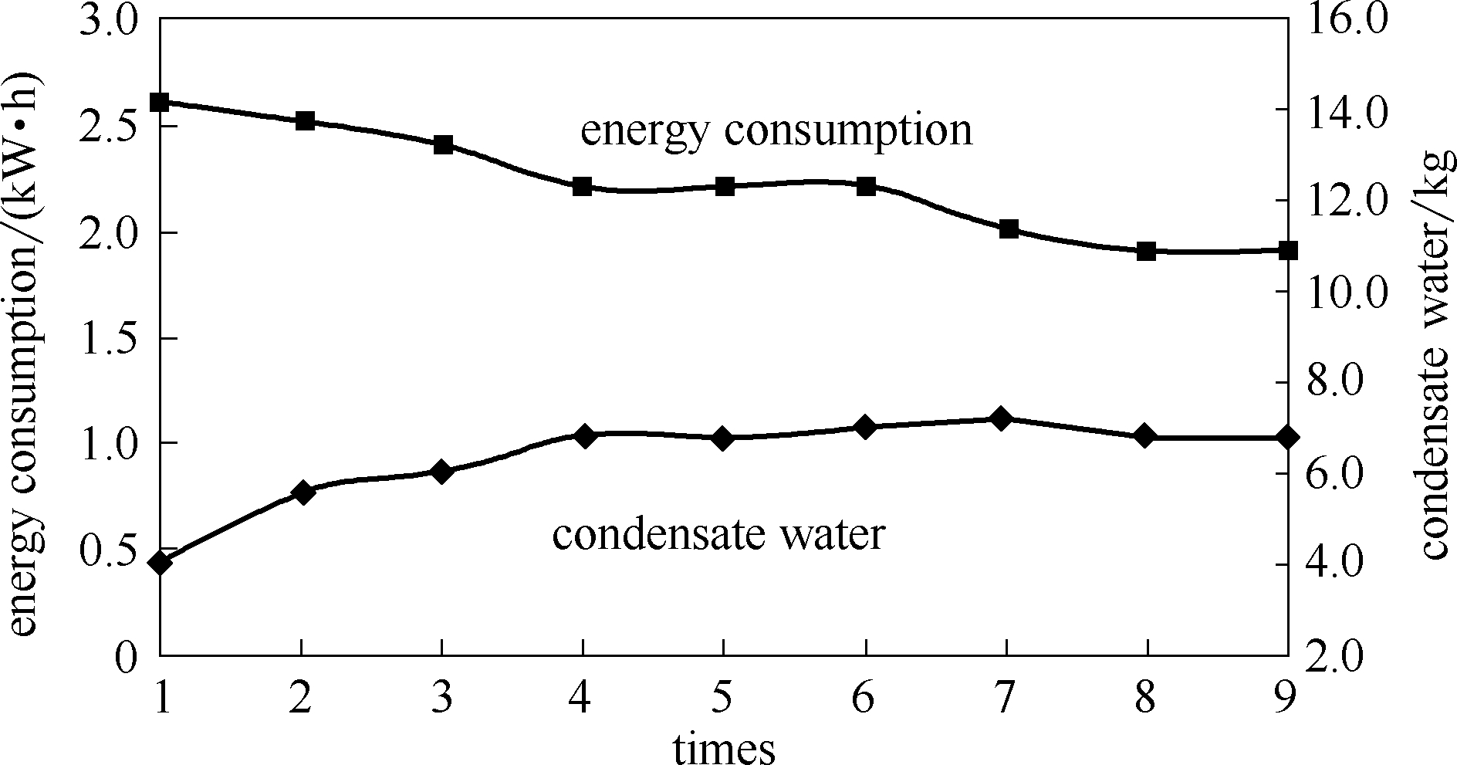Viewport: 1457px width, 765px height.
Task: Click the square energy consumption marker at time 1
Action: click(x=160, y=102)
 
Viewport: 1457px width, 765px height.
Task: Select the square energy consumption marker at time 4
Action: click(x=583, y=187)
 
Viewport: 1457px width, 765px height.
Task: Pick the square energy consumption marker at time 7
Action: click(x=1009, y=229)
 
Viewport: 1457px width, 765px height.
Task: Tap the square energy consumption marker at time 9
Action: click(x=1288, y=251)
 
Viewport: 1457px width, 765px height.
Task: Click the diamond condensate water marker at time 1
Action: click(x=160, y=563)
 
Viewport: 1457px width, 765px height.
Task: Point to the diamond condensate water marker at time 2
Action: click(x=303, y=493)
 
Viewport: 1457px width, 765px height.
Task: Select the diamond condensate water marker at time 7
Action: click(x=1002, y=419)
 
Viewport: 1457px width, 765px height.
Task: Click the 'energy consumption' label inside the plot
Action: click(x=776, y=130)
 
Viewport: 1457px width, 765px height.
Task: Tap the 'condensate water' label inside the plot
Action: click(x=718, y=534)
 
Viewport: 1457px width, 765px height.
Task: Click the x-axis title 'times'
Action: click(x=723, y=747)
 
